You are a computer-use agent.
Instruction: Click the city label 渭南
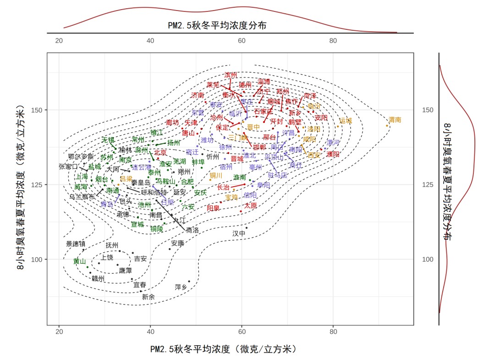395,120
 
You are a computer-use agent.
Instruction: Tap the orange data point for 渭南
387,126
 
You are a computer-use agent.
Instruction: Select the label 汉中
239,233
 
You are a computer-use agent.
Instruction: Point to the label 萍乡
181,287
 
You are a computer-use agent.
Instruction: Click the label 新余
148,297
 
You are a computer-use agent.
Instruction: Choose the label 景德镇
76,244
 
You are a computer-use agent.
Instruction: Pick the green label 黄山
79,261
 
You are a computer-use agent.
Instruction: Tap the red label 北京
160,152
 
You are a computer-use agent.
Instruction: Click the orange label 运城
346,121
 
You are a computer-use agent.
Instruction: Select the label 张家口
68,166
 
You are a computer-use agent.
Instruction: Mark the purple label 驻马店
277,175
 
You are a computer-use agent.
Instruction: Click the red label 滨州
231,75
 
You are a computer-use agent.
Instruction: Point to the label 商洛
192,230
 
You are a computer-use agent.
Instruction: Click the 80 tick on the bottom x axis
379,332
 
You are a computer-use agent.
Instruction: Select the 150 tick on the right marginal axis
427,110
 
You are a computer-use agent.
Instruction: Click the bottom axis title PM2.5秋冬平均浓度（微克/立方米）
224,349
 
